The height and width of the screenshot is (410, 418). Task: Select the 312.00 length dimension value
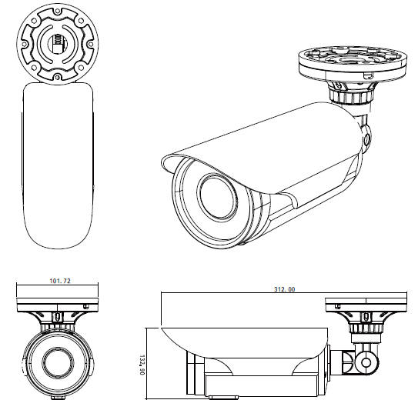click(285, 289)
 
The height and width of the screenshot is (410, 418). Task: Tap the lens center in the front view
click(58, 361)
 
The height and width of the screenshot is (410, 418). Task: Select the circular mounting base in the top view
click(59, 43)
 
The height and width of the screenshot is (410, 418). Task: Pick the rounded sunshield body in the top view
click(59, 165)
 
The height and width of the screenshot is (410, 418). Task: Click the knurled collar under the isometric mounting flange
click(351, 96)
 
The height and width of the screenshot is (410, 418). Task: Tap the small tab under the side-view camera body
click(223, 398)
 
